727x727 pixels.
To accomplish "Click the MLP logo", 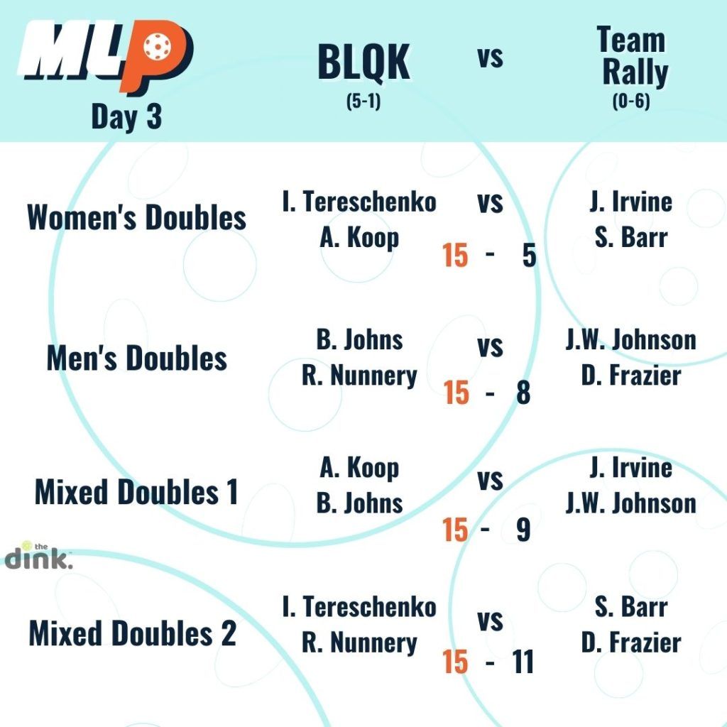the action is (106, 57).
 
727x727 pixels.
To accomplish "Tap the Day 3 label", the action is (126, 117).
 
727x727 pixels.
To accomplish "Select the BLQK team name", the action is (363, 62).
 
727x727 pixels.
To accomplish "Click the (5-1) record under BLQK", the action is (363, 101).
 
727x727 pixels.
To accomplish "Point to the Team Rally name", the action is (633, 55).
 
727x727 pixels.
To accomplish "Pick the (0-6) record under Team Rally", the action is (631, 101).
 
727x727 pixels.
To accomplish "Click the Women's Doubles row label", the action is (137, 217).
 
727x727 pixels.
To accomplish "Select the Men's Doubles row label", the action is (137, 359).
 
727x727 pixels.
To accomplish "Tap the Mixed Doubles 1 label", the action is (137, 492).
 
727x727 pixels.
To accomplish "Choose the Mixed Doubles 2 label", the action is (133, 633).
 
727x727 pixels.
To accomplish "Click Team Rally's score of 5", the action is (529, 256).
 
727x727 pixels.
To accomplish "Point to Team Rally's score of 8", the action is (523, 392).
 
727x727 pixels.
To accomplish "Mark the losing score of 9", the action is (523, 530).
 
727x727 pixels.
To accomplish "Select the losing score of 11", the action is (523, 662).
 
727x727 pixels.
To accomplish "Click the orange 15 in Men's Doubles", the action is (457, 392).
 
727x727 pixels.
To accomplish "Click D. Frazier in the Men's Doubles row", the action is (631, 376).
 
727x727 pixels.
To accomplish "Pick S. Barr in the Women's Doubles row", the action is (631, 237).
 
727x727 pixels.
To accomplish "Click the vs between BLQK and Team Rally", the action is (491, 58).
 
